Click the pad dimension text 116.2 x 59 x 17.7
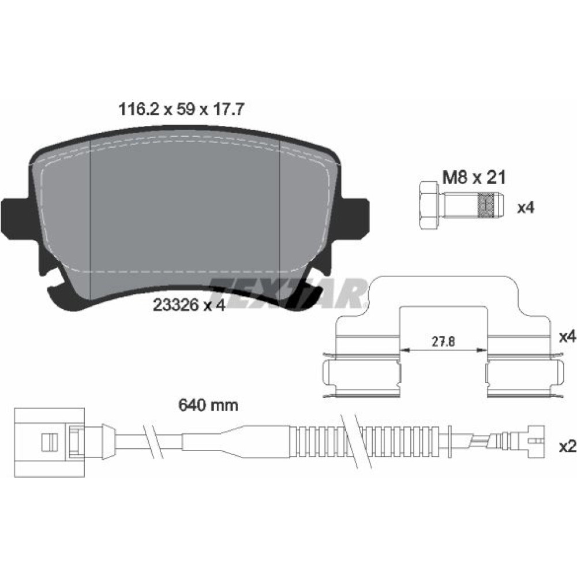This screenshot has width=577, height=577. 181,109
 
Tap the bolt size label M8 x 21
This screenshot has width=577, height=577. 474,178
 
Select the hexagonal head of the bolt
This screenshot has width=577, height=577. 429,205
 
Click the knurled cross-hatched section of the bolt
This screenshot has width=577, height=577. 486,205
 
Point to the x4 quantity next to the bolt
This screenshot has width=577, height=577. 526,208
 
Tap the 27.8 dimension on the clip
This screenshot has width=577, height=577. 443,342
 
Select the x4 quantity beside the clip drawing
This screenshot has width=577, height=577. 567,336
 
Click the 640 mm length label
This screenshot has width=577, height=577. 208,405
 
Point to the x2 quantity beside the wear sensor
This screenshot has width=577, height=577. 567,447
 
